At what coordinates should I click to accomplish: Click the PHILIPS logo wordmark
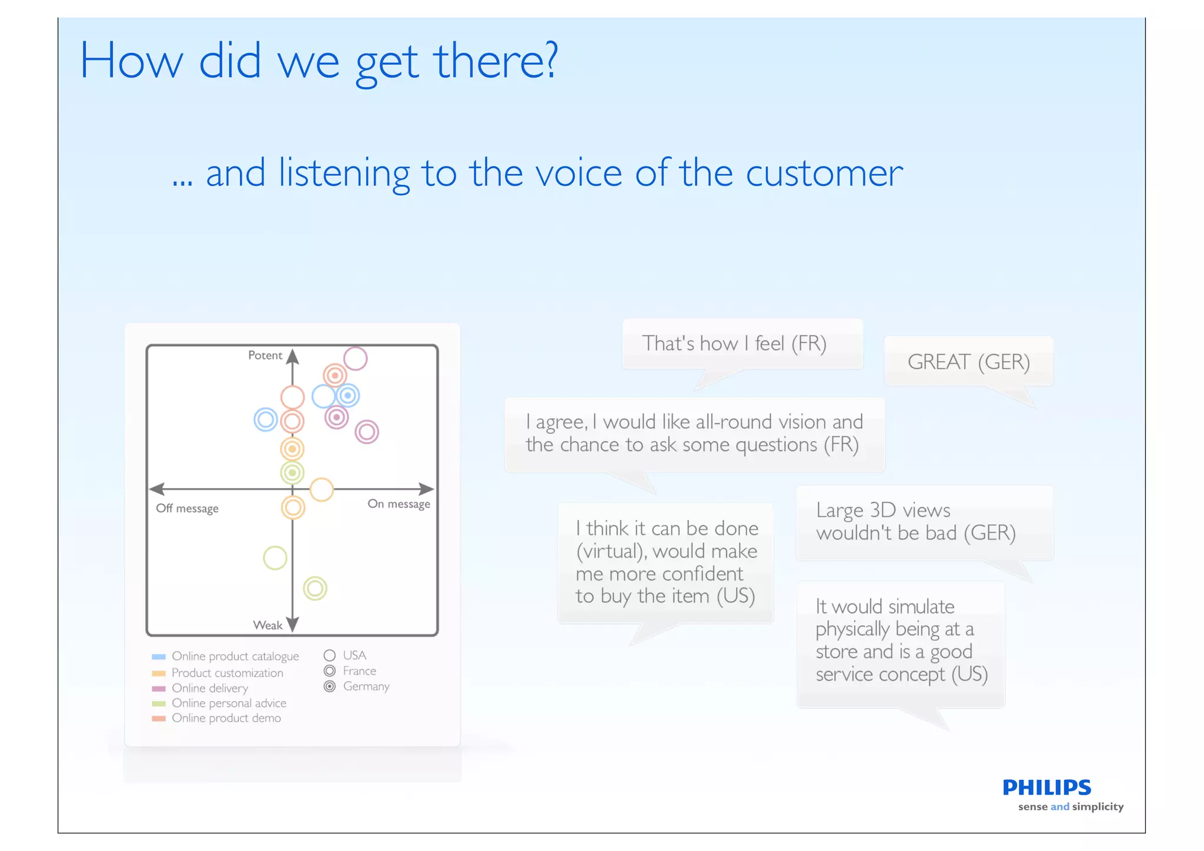(1046, 787)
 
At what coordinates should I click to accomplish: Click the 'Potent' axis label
(265, 355)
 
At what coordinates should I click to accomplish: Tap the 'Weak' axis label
(267, 625)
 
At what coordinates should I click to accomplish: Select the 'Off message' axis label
(187, 508)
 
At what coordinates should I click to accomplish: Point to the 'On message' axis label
(399, 504)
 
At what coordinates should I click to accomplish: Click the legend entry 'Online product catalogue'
(235, 656)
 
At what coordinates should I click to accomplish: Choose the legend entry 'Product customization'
(227, 673)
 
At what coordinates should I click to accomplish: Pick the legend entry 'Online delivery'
(209, 688)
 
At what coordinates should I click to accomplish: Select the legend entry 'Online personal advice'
(229, 703)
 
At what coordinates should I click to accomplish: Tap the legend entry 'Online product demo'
(226, 718)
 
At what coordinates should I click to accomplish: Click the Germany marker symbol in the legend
(330, 686)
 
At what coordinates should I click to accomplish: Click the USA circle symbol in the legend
(330, 655)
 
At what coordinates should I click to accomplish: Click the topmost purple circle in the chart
(355, 358)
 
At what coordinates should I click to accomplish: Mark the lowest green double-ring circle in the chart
(315, 588)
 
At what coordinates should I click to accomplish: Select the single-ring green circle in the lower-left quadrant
(275, 558)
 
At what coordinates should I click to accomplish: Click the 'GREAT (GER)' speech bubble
(968, 362)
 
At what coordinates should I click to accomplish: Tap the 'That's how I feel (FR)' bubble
(734, 343)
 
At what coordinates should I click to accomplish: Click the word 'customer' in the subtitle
(824, 173)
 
